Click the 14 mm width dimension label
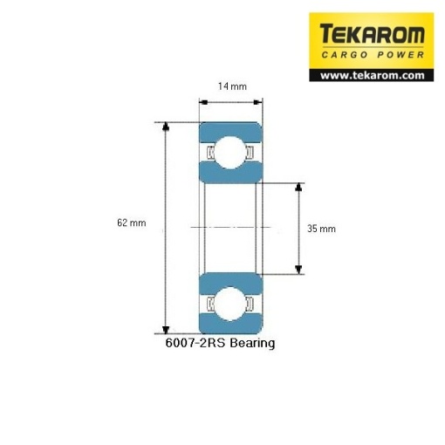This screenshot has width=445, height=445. [232, 86]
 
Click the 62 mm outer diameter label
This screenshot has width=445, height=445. [132, 222]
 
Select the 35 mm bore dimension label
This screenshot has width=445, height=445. [321, 229]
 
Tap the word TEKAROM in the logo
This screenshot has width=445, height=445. [372, 34]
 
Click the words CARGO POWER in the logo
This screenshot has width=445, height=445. [373, 55]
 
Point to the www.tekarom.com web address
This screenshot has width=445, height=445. [373, 76]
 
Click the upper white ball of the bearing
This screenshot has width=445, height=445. [230, 153]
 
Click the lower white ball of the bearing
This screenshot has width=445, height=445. [230, 304]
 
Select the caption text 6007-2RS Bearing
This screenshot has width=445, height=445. [220, 343]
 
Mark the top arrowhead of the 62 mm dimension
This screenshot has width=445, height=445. [166, 127]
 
